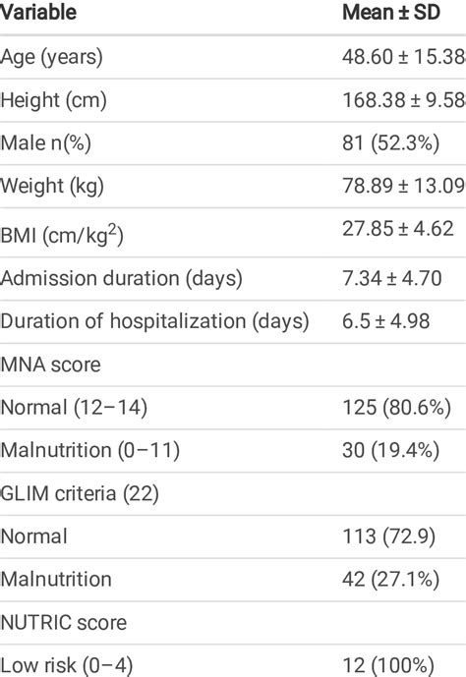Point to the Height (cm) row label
[x=54, y=100]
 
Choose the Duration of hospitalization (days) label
[x=155, y=320]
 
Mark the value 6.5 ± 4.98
[x=388, y=320]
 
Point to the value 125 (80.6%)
[x=395, y=407]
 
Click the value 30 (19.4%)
[x=390, y=450]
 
